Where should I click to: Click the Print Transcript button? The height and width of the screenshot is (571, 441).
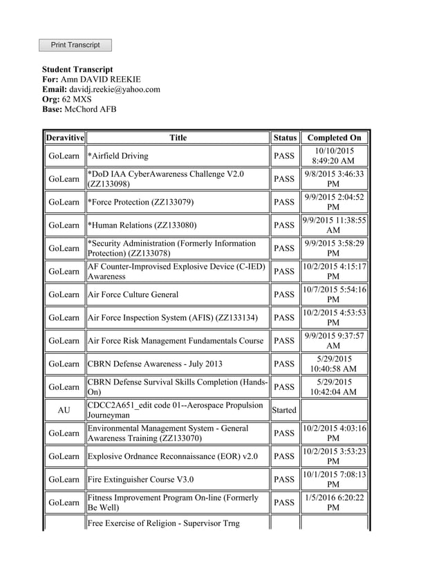(x=75, y=45)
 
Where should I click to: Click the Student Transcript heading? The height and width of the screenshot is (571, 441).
(x=77, y=70)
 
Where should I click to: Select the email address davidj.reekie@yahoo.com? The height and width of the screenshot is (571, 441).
(x=114, y=89)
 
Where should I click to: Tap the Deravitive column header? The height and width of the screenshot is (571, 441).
(x=64, y=138)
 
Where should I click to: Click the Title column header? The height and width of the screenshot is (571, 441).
(x=178, y=138)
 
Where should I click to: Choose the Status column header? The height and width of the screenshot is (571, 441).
(x=284, y=138)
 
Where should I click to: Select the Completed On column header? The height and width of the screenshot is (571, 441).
(x=334, y=138)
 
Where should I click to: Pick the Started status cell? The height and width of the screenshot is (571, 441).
(x=284, y=410)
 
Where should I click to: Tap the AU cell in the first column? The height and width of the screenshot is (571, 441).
(x=64, y=410)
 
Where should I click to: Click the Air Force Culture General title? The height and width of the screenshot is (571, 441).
(x=133, y=294)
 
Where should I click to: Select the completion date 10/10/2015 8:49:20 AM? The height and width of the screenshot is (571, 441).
(x=334, y=156)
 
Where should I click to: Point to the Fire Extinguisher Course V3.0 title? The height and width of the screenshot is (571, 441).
(x=140, y=479)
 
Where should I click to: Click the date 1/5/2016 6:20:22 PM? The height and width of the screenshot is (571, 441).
(x=334, y=503)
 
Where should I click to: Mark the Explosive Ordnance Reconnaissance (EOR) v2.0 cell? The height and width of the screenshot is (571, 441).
(x=173, y=456)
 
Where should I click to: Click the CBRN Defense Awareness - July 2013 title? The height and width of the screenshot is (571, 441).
(x=155, y=364)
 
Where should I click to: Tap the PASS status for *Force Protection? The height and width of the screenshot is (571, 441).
(x=284, y=202)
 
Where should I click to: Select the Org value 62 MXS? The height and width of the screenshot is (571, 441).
(x=77, y=100)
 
